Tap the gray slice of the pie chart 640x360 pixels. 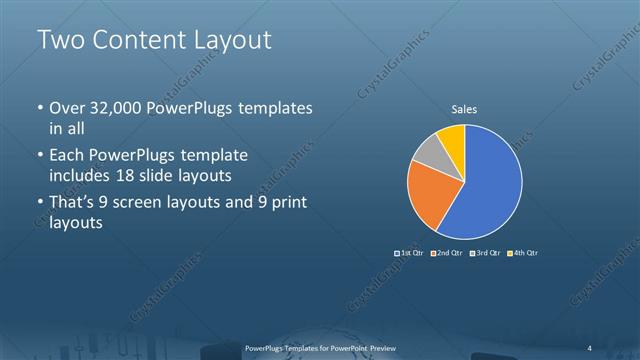point(429,156)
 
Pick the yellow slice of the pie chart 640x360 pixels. point(451,139)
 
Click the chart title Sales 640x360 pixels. point(464,108)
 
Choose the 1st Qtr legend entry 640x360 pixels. point(411,252)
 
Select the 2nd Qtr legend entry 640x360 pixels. point(448,252)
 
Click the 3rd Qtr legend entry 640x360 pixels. point(486,252)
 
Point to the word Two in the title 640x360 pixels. point(60,40)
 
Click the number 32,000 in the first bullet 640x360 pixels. point(116,108)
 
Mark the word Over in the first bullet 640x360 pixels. point(67,108)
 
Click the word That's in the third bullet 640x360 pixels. point(74,204)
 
